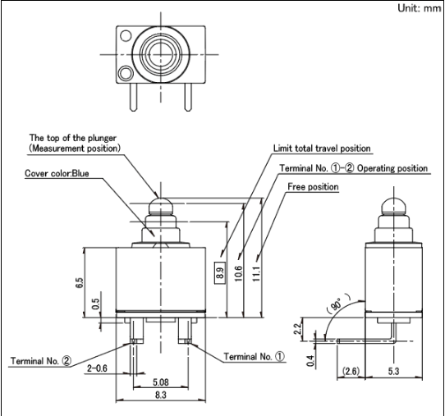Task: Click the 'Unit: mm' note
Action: point(420,8)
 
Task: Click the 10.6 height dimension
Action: point(239,274)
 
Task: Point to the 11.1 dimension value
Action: point(256,274)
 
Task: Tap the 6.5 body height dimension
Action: point(80,283)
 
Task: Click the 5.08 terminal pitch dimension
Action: point(161,382)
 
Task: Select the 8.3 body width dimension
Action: point(161,395)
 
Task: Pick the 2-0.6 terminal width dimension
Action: point(97,368)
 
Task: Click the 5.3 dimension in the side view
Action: point(393,371)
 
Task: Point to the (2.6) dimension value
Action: point(351,371)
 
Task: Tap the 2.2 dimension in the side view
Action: point(298,329)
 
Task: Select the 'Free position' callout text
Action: point(313,187)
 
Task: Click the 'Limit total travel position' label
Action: point(322,149)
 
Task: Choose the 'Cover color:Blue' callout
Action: point(57,173)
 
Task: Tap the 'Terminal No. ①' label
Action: point(254,356)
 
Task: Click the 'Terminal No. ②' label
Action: point(41,361)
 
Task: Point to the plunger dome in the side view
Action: point(393,206)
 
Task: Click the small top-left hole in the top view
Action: point(126,36)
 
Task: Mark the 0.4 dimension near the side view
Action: point(311,361)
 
